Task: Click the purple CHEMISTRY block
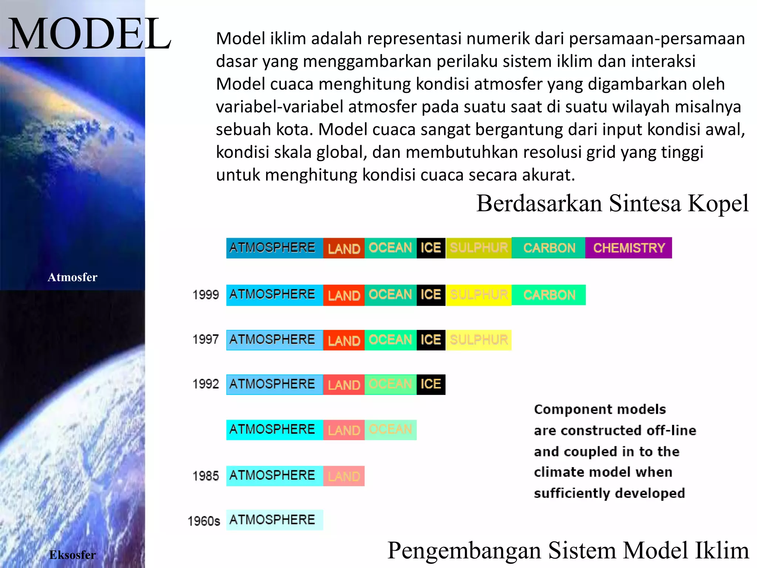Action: pos(628,248)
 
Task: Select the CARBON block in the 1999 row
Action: pos(549,295)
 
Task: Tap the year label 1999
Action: pos(206,295)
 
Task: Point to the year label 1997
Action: pos(206,339)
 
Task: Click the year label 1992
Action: pos(206,384)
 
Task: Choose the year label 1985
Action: pos(206,476)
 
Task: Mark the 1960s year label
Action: pos(204,521)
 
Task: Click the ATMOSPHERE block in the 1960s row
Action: pos(274,520)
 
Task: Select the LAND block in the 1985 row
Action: pos(344,476)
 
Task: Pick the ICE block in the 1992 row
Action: pos(431,385)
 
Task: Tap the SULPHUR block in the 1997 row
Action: pos(479,340)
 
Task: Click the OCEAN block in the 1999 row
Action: pos(390,295)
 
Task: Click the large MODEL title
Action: pos(89,34)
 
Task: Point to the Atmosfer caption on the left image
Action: pos(72,277)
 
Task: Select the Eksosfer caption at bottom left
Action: pos(72,555)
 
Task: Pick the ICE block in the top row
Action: pos(431,248)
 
